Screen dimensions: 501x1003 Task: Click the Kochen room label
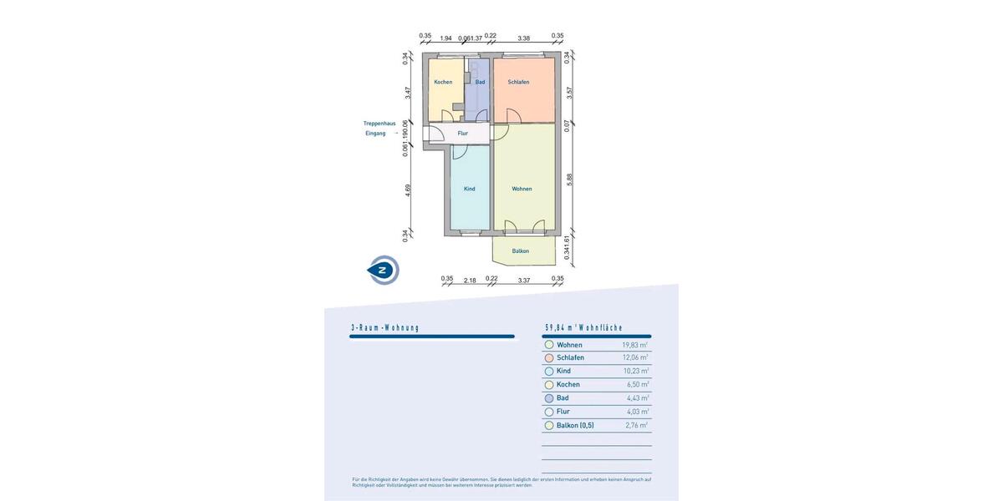[443, 82]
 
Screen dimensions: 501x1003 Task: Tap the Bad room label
[480, 82]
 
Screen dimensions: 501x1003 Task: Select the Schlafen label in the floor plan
[518, 82]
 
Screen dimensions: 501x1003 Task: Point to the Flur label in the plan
[462, 134]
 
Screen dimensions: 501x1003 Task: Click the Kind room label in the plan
[469, 189]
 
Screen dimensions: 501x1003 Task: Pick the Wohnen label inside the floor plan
[522, 189]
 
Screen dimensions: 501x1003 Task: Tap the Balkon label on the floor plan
[521, 250]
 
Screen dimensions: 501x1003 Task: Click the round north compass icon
[384, 270]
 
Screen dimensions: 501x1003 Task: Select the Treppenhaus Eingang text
[379, 129]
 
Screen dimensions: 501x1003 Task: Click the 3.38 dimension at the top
[523, 38]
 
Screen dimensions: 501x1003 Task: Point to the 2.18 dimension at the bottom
[470, 281]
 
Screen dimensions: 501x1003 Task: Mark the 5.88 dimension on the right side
[569, 179]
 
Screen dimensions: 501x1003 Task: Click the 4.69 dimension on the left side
[408, 189]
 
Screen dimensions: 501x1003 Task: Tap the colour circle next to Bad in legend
[549, 398]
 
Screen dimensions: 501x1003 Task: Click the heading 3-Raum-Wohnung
[385, 328]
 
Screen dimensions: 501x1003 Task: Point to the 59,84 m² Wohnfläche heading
[584, 328]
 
